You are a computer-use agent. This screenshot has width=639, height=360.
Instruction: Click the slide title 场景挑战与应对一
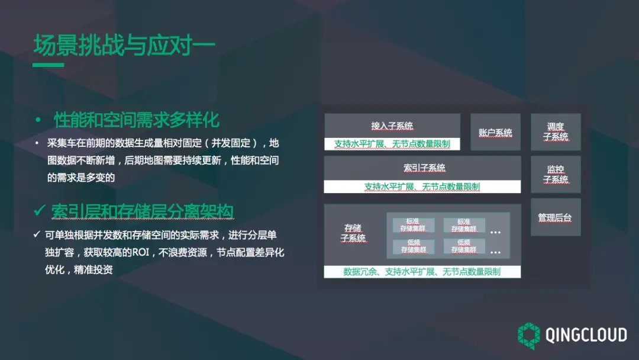pyautogui.click(x=124, y=46)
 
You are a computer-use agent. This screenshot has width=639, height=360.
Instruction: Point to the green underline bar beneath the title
pyautogui.click(x=48, y=65)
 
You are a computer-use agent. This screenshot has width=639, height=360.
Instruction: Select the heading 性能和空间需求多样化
pyautogui.click(x=137, y=120)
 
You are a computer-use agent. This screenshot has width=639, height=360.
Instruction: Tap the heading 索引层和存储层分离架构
pyautogui.click(x=143, y=211)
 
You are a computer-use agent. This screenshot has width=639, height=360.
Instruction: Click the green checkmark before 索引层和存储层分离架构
pyautogui.click(x=40, y=211)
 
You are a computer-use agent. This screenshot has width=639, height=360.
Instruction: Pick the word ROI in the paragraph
pyautogui.click(x=140, y=252)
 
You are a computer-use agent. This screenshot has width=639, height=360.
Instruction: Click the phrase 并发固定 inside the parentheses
pyautogui.click(x=233, y=143)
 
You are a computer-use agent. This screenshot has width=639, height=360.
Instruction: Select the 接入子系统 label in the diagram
pyautogui.click(x=392, y=126)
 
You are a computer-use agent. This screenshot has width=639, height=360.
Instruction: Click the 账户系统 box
pyautogui.click(x=495, y=133)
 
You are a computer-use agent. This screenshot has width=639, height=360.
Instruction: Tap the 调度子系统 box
pyautogui.click(x=556, y=131)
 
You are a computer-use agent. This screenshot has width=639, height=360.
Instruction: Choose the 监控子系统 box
pyautogui.click(x=556, y=174)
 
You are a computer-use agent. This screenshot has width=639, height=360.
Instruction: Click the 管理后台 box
pyautogui.click(x=556, y=217)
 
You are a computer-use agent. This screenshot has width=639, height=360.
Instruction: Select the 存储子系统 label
pyautogui.click(x=353, y=233)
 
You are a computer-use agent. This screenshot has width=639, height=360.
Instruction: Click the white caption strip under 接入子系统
pyautogui.click(x=392, y=144)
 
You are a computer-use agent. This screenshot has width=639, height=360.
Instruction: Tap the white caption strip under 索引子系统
pyautogui.click(x=422, y=187)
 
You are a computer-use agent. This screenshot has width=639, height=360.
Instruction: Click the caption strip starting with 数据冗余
pyautogui.click(x=422, y=272)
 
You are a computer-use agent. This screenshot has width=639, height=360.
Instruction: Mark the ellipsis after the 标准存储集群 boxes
pyautogui.click(x=495, y=231)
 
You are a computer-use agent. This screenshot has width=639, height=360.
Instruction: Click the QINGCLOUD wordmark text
pyautogui.click(x=586, y=335)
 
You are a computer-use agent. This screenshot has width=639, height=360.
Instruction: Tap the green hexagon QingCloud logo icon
pyautogui.click(x=528, y=336)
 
